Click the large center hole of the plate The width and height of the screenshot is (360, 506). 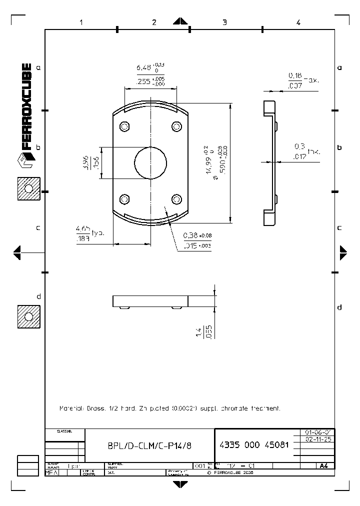tap(150, 162)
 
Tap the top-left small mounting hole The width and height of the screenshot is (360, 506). tap(125, 125)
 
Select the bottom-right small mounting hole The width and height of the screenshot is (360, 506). tap(176, 199)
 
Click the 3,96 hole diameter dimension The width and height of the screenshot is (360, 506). tap(85, 162)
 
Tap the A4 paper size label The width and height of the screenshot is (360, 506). tap(323, 466)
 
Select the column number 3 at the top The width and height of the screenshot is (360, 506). tap(224, 22)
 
